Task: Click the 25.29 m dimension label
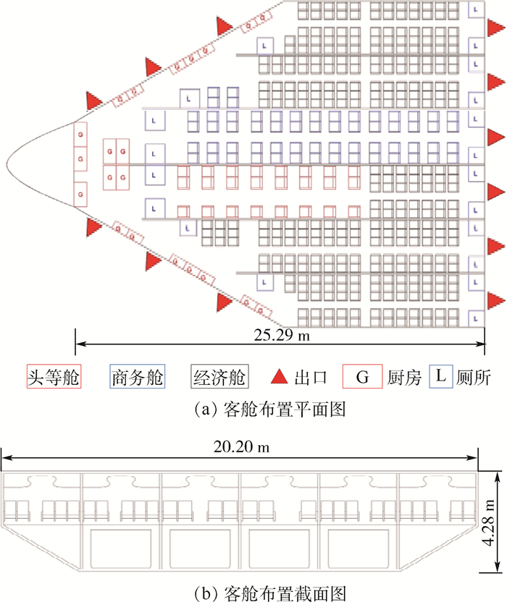point(281,335)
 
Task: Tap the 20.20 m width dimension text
point(241,446)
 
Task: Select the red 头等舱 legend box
point(54,377)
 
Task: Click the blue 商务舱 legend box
point(137,377)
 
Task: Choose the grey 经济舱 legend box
point(219,377)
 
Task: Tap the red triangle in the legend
point(279,377)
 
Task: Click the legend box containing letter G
point(362,377)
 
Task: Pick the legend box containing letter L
point(441,376)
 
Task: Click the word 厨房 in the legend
point(404,378)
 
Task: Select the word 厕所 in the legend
point(474,378)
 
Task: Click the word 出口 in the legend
point(311,378)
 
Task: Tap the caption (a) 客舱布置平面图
point(270,410)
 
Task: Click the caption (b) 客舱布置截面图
point(270,593)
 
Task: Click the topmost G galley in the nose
point(80,135)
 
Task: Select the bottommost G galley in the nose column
point(80,194)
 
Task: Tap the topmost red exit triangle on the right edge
point(495,27)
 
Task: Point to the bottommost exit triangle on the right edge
point(495,300)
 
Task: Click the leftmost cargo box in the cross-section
point(121,548)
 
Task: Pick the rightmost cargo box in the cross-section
point(359,548)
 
